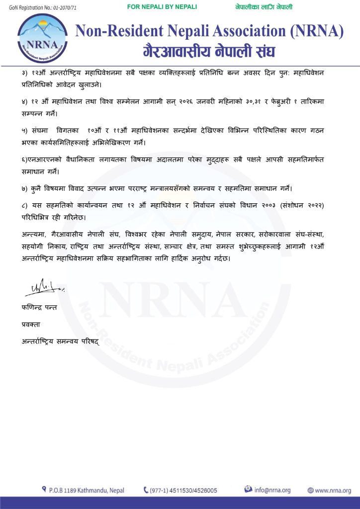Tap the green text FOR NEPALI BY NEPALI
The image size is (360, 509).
click(162, 7)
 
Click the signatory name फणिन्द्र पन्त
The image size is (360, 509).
click(39, 308)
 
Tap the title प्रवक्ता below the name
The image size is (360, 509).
click(31, 325)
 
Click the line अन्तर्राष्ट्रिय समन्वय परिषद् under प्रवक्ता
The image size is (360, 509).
click(60, 341)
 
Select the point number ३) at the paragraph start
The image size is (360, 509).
click(26, 73)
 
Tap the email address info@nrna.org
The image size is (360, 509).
click(272, 490)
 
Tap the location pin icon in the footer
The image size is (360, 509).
click(45, 490)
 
